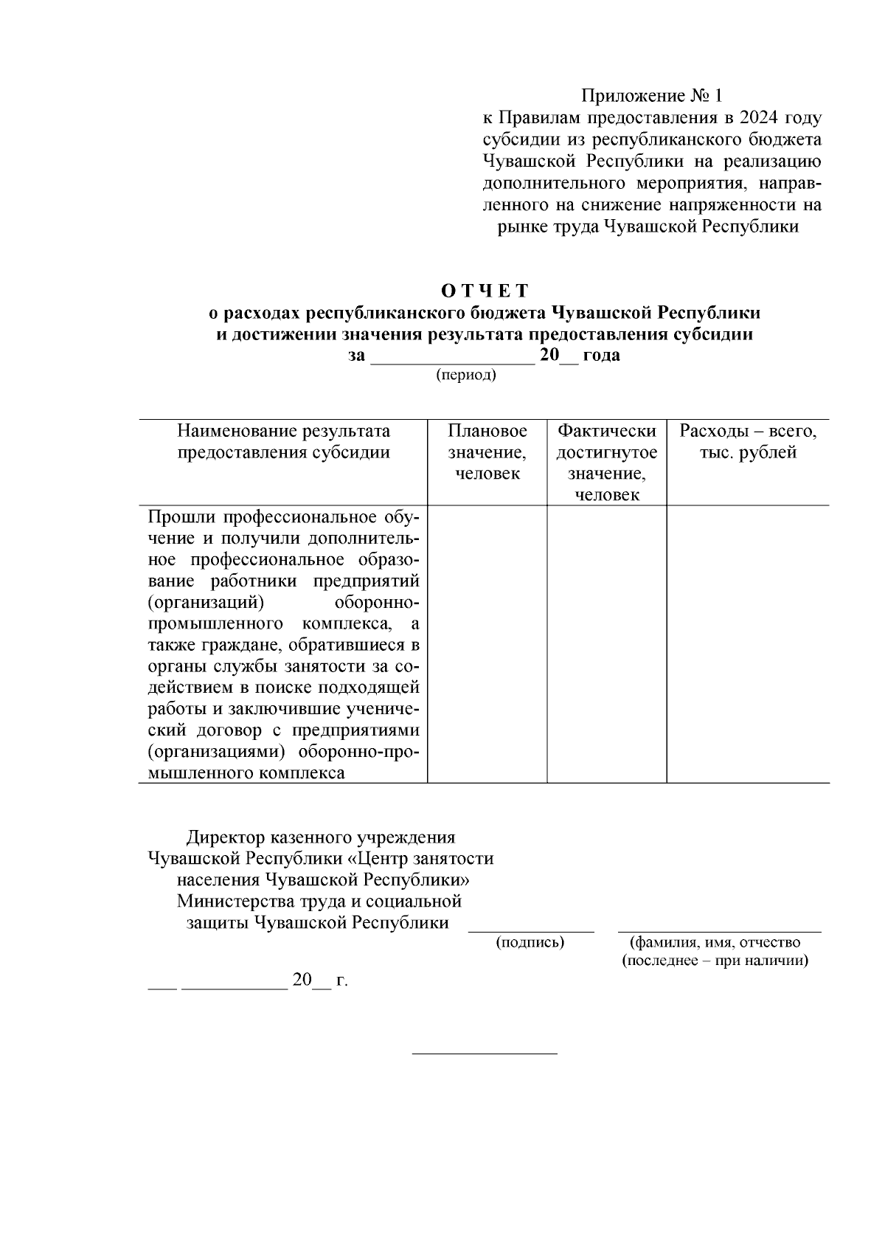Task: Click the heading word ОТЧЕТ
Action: (x=485, y=290)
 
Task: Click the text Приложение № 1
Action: (x=653, y=96)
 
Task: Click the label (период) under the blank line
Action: (x=466, y=376)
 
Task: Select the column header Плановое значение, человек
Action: (x=487, y=452)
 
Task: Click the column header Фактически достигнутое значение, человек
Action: (x=606, y=463)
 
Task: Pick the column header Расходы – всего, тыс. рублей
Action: (x=747, y=441)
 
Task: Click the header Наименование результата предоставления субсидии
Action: (x=283, y=441)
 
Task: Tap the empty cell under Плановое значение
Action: (x=487, y=643)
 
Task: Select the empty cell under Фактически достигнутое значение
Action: (x=606, y=643)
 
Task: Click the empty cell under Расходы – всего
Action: (x=747, y=643)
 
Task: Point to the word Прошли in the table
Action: (x=182, y=516)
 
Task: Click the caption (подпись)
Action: (x=530, y=942)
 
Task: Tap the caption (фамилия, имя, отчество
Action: (x=715, y=942)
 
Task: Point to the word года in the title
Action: (x=601, y=355)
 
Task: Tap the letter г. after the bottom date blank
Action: (x=341, y=980)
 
